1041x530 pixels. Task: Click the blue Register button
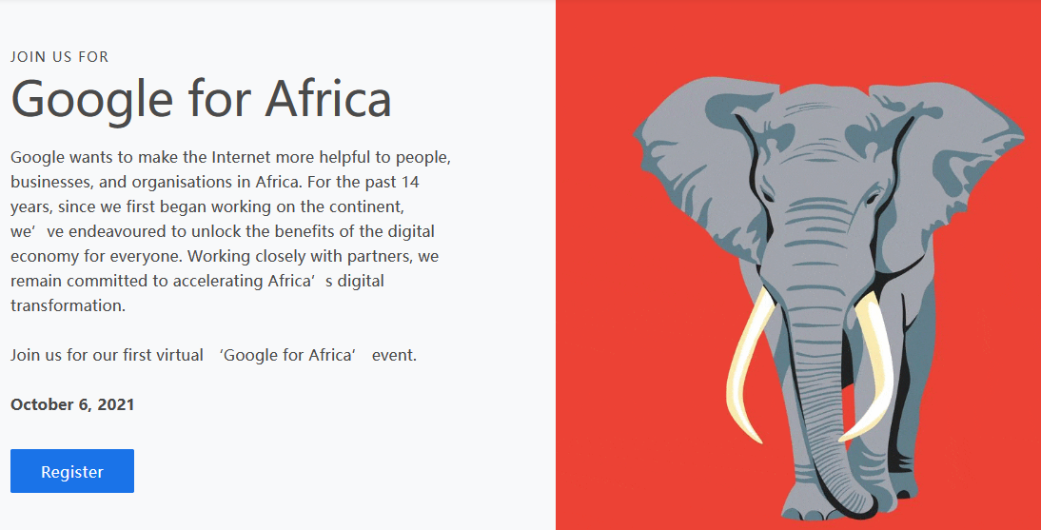72,471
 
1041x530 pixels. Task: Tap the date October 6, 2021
72,404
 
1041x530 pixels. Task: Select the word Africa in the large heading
328,99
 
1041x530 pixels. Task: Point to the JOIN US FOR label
60,57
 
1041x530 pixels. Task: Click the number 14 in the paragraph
409,182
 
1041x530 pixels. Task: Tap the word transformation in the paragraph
68,305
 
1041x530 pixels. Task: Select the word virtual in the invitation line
179,355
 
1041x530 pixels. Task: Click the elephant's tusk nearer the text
748,366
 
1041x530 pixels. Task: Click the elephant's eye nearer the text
768,196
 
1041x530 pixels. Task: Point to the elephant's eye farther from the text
871,197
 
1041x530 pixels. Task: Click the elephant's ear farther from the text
956,166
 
